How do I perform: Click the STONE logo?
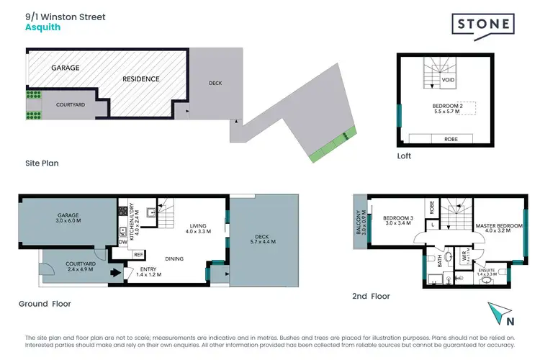coord(482,24)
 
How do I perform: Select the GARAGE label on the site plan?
coord(65,68)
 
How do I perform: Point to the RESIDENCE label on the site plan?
coord(140,78)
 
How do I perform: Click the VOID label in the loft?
coord(448,81)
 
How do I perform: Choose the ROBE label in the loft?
coord(451,139)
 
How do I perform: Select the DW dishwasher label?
coord(123,243)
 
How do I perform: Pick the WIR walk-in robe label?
coord(454,255)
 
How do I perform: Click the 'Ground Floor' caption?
coord(45,304)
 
